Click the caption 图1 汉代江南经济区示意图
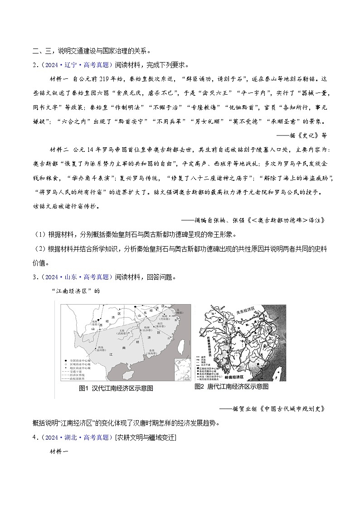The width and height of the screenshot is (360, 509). [116, 388]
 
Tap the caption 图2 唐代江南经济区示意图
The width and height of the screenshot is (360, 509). [231, 387]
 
